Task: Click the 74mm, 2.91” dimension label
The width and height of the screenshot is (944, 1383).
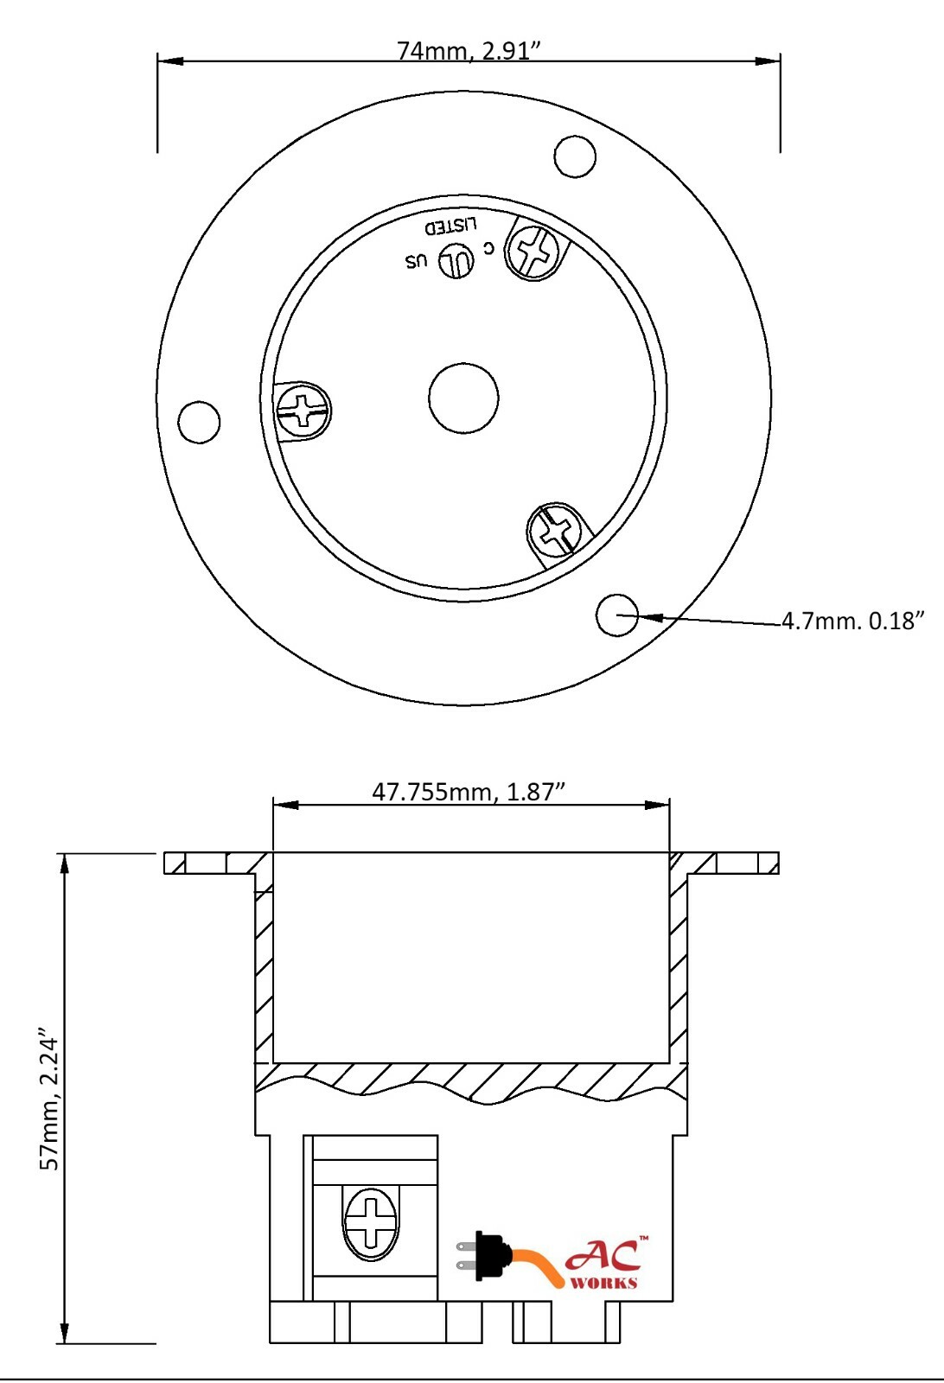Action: tap(469, 51)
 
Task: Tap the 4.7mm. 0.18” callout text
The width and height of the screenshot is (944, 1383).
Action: tap(853, 621)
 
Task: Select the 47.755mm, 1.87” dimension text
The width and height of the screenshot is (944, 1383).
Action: tap(469, 792)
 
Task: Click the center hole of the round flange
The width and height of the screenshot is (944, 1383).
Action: tap(463, 398)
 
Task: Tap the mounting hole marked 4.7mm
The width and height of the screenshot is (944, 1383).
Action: tap(617, 615)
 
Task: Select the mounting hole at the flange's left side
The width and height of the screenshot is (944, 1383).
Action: tap(199, 422)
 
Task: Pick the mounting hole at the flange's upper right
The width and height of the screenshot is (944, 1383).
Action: tap(575, 156)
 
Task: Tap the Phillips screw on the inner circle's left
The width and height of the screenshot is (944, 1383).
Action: tap(303, 411)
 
